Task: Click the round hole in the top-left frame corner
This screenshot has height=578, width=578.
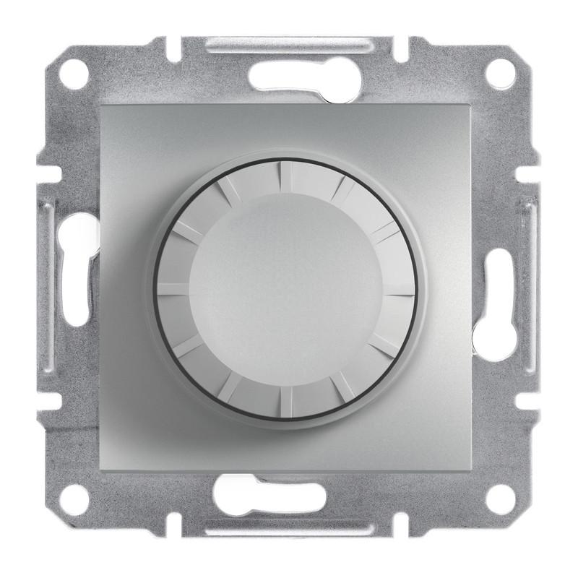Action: click(74, 73)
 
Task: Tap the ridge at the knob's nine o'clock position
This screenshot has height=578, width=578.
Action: click(173, 288)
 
